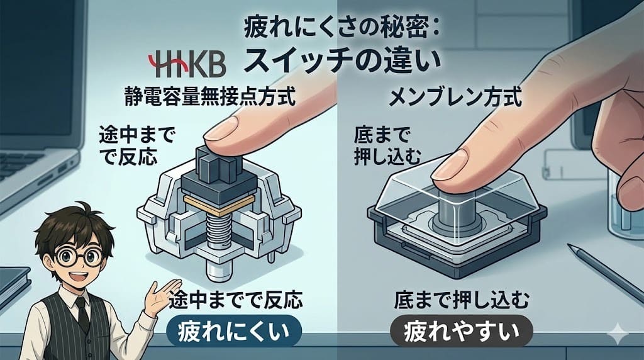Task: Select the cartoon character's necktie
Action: (x=81, y=314)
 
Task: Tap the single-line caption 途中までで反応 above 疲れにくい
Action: (x=236, y=301)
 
